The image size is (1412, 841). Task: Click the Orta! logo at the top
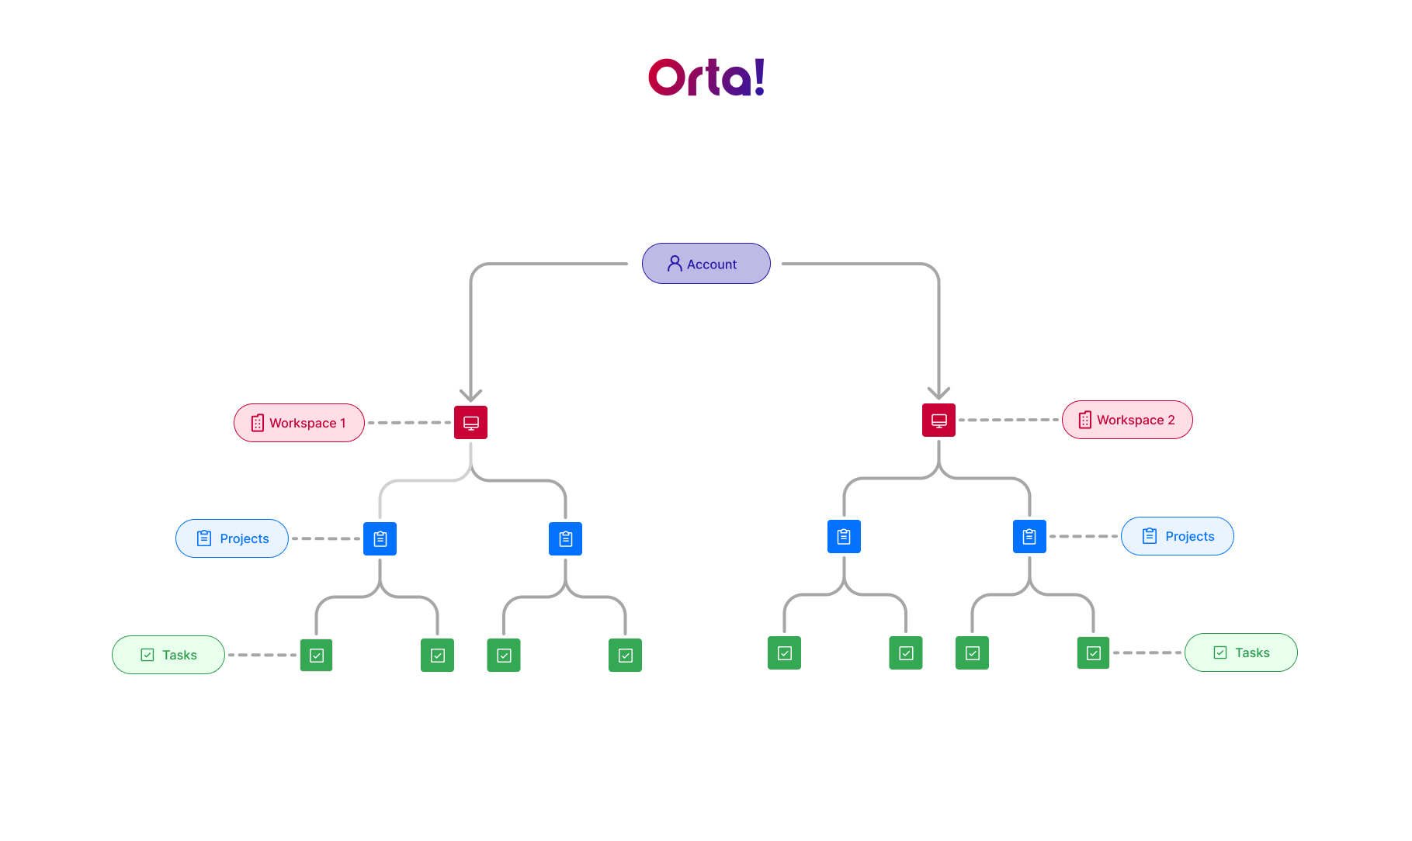[x=706, y=77]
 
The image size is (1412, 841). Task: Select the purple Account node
[x=706, y=264]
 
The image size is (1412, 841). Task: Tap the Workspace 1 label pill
[x=299, y=423]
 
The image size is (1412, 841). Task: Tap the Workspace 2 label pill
[x=1127, y=420]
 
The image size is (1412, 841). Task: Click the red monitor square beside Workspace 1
[x=470, y=423]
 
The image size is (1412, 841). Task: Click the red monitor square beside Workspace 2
[x=938, y=420]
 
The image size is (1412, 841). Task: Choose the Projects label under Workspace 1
[x=232, y=538]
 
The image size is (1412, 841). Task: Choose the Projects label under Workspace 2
[x=1178, y=536]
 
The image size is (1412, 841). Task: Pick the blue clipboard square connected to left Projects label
[x=380, y=538]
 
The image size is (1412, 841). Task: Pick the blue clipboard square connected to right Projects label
[x=1029, y=536]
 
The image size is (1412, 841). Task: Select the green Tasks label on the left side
[x=168, y=655]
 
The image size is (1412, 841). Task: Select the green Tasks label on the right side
[x=1241, y=652]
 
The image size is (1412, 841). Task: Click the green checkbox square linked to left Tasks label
[x=316, y=655]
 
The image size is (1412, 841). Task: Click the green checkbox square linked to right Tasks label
[x=1093, y=652]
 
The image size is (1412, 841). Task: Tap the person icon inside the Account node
[x=675, y=264]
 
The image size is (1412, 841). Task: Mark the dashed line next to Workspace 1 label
[x=409, y=423]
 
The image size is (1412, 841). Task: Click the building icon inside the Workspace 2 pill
[x=1085, y=420]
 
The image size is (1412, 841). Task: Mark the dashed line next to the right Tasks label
[x=1147, y=652]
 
